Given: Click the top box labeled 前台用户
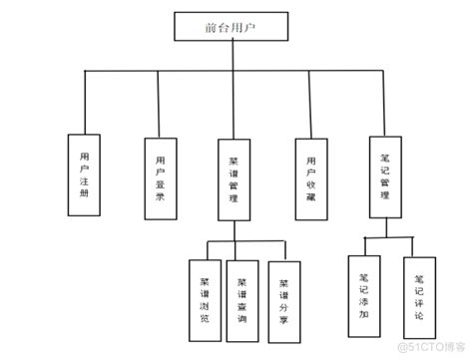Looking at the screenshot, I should pos(232,27).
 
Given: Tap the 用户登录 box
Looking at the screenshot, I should pos(161,175).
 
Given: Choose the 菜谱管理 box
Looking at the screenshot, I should pos(233,177).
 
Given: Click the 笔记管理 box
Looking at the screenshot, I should pos(386,177).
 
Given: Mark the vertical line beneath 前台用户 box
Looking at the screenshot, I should pos(232,55).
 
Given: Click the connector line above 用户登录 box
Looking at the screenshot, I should pos(161,102).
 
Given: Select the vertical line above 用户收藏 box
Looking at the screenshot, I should pos(310,102).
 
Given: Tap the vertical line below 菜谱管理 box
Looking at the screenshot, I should pos(234,230).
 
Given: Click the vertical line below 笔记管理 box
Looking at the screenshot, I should pos(386,228).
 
